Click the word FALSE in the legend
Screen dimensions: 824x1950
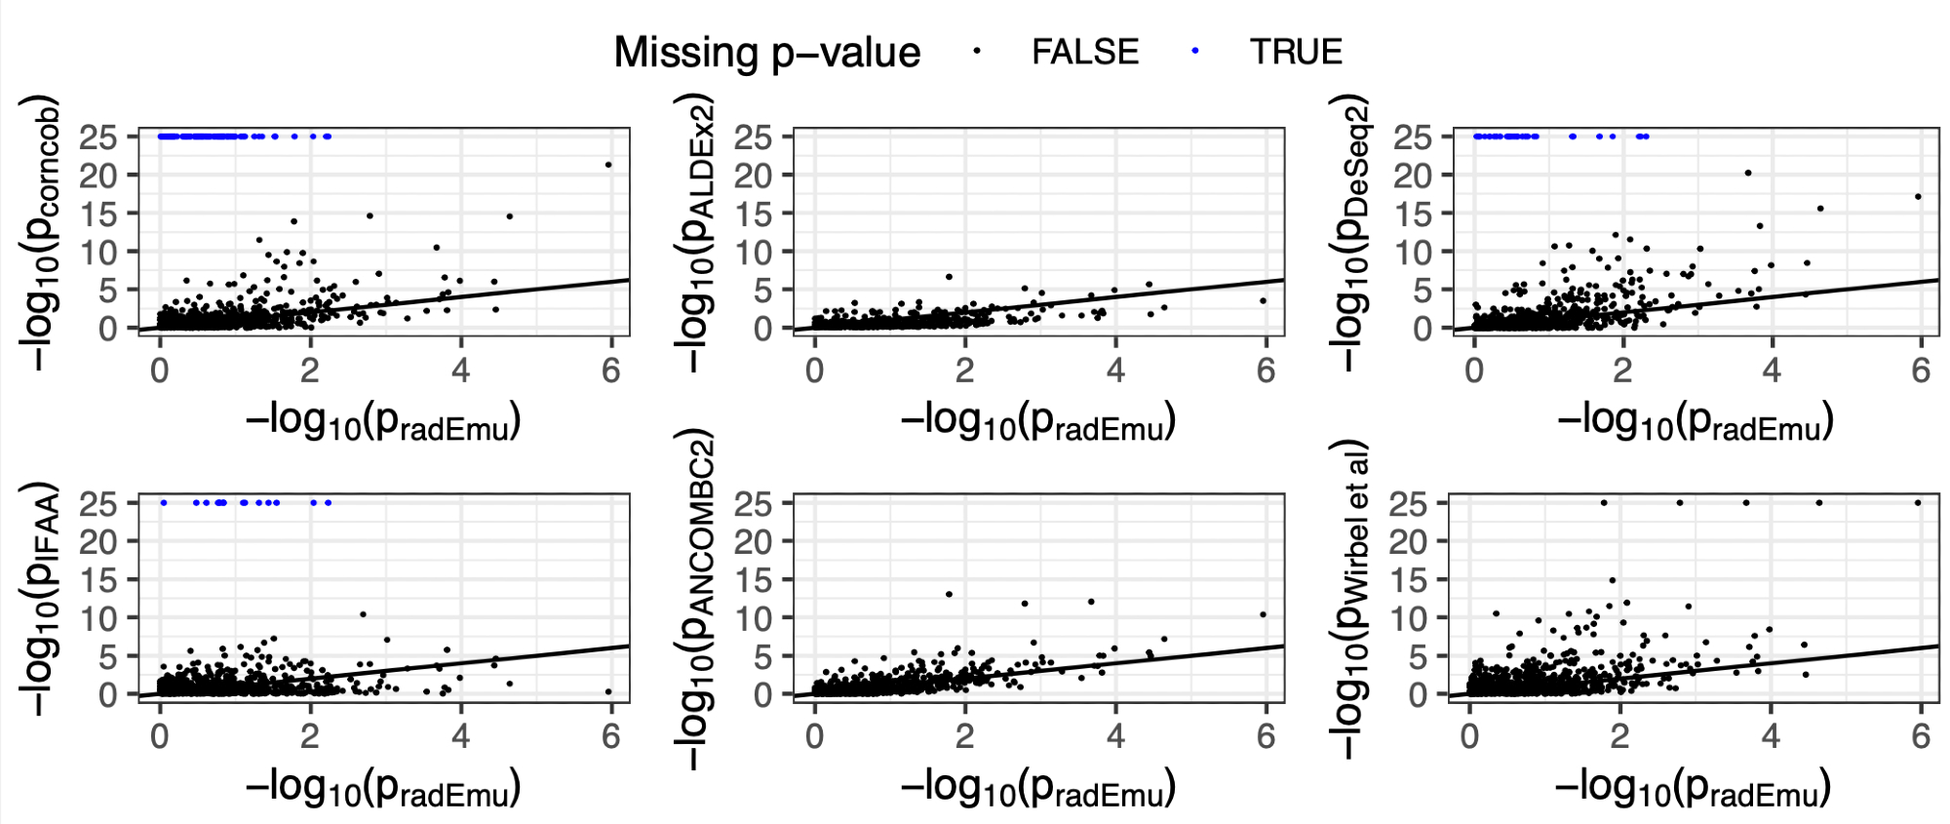pyautogui.click(x=1084, y=52)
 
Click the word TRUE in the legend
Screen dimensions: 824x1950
pyautogui.click(x=1296, y=52)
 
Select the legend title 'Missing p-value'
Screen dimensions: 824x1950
pyautogui.click(x=766, y=53)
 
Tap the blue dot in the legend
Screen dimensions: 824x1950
pyautogui.click(x=1194, y=52)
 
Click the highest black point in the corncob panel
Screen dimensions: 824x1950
pyautogui.click(x=608, y=165)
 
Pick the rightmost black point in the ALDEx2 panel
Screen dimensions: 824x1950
pyautogui.click(x=1264, y=301)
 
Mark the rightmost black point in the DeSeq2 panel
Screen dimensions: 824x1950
pyautogui.click(x=1918, y=197)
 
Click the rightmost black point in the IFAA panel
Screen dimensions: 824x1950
pyautogui.click(x=608, y=691)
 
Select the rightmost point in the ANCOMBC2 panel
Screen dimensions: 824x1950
pyautogui.click(x=1264, y=614)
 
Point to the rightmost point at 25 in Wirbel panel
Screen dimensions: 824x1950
pyautogui.click(x=1918, y=503)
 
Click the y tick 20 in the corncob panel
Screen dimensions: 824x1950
pyautogui.click(x=97, y=176)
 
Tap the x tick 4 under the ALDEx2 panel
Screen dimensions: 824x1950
pyautogui.click(x=1115, y=370)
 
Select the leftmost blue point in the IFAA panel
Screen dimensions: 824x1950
pyautogui.click(x=164, y=503)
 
